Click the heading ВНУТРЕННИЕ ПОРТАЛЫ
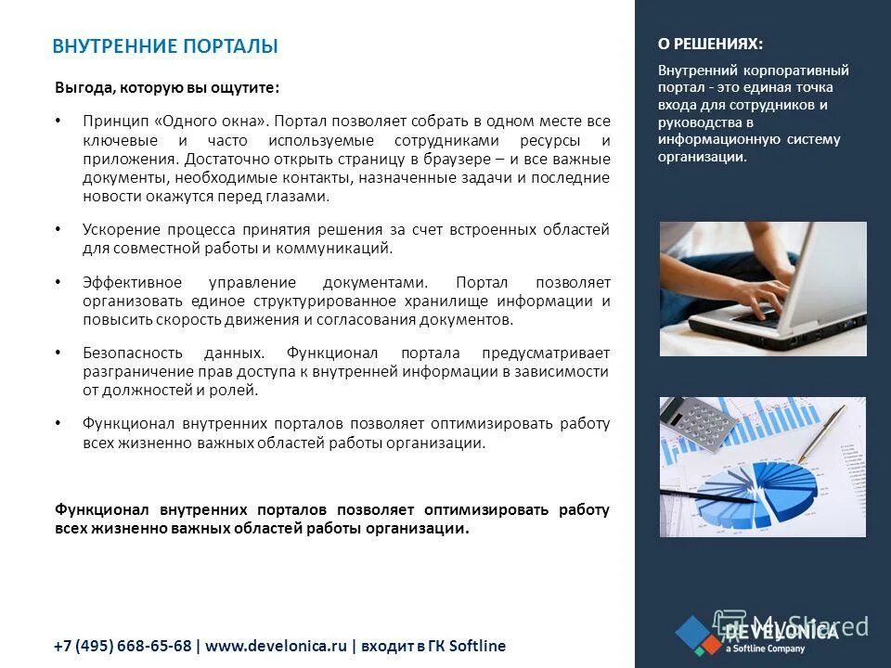click(165, 46)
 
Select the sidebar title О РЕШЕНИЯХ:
click(711, 44)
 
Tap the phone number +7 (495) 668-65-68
click(122, 646)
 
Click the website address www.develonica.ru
click(276, 646)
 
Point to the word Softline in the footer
click(478, 646)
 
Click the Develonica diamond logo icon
click(697, 635)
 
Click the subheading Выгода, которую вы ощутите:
click(166, 88)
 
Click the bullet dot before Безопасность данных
click(58, 353)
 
